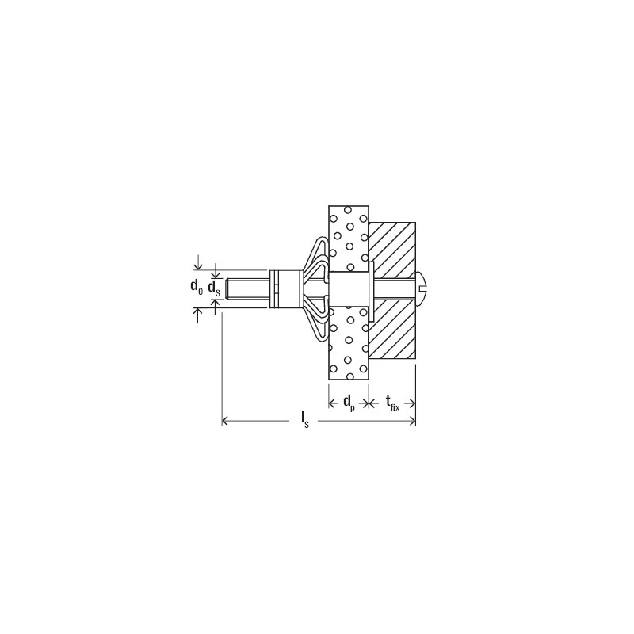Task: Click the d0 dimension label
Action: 197,287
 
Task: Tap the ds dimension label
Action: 214,288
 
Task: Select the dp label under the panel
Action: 349,403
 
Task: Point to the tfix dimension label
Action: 392,403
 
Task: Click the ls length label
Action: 305,420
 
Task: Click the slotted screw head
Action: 422,288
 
